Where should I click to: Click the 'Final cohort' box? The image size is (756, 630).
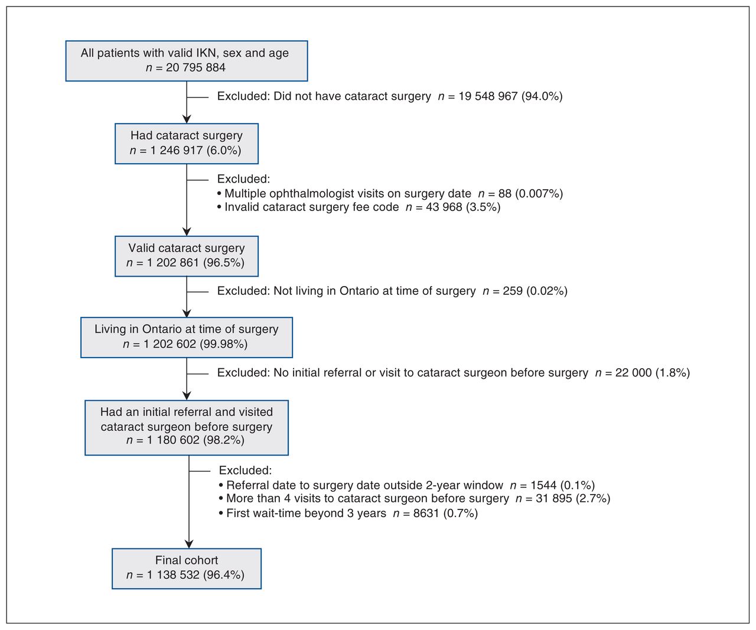[187, 569]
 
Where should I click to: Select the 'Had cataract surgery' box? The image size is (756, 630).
[187, 144]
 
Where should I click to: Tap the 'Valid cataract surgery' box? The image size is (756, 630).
[187, 256]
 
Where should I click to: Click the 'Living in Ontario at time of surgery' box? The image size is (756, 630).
[187, 337]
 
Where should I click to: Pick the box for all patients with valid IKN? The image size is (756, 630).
[187, 61]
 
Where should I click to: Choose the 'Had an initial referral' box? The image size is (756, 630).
[187, 427]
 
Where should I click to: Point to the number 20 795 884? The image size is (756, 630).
[195, 67]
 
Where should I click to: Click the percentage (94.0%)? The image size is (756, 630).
[542, 96]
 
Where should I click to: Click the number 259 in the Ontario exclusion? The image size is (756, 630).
[513, 291]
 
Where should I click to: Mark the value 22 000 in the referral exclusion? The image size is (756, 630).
[633, 372]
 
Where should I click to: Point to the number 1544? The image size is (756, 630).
[543, 485]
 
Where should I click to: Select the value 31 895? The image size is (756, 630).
[554, 498]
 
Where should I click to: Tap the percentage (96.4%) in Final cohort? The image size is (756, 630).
[224, 575]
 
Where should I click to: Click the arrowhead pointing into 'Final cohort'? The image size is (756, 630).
[189, 544]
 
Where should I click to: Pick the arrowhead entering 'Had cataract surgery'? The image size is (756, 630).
[187, 119]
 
